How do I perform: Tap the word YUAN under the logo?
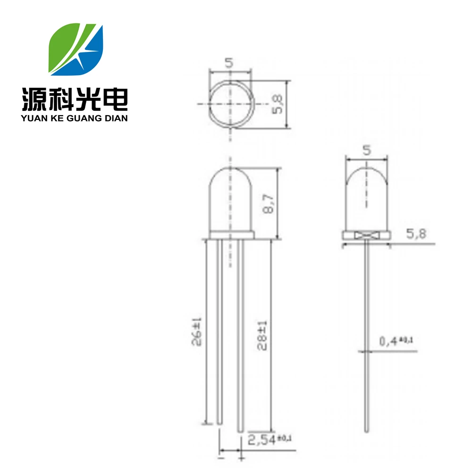[x=34, y=118]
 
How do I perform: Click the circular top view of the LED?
[x=230, y=103]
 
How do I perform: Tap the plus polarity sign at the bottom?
[x=241, y=458]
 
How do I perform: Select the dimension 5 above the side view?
[x=367, y=150]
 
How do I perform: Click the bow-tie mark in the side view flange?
[x=366, y=235]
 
